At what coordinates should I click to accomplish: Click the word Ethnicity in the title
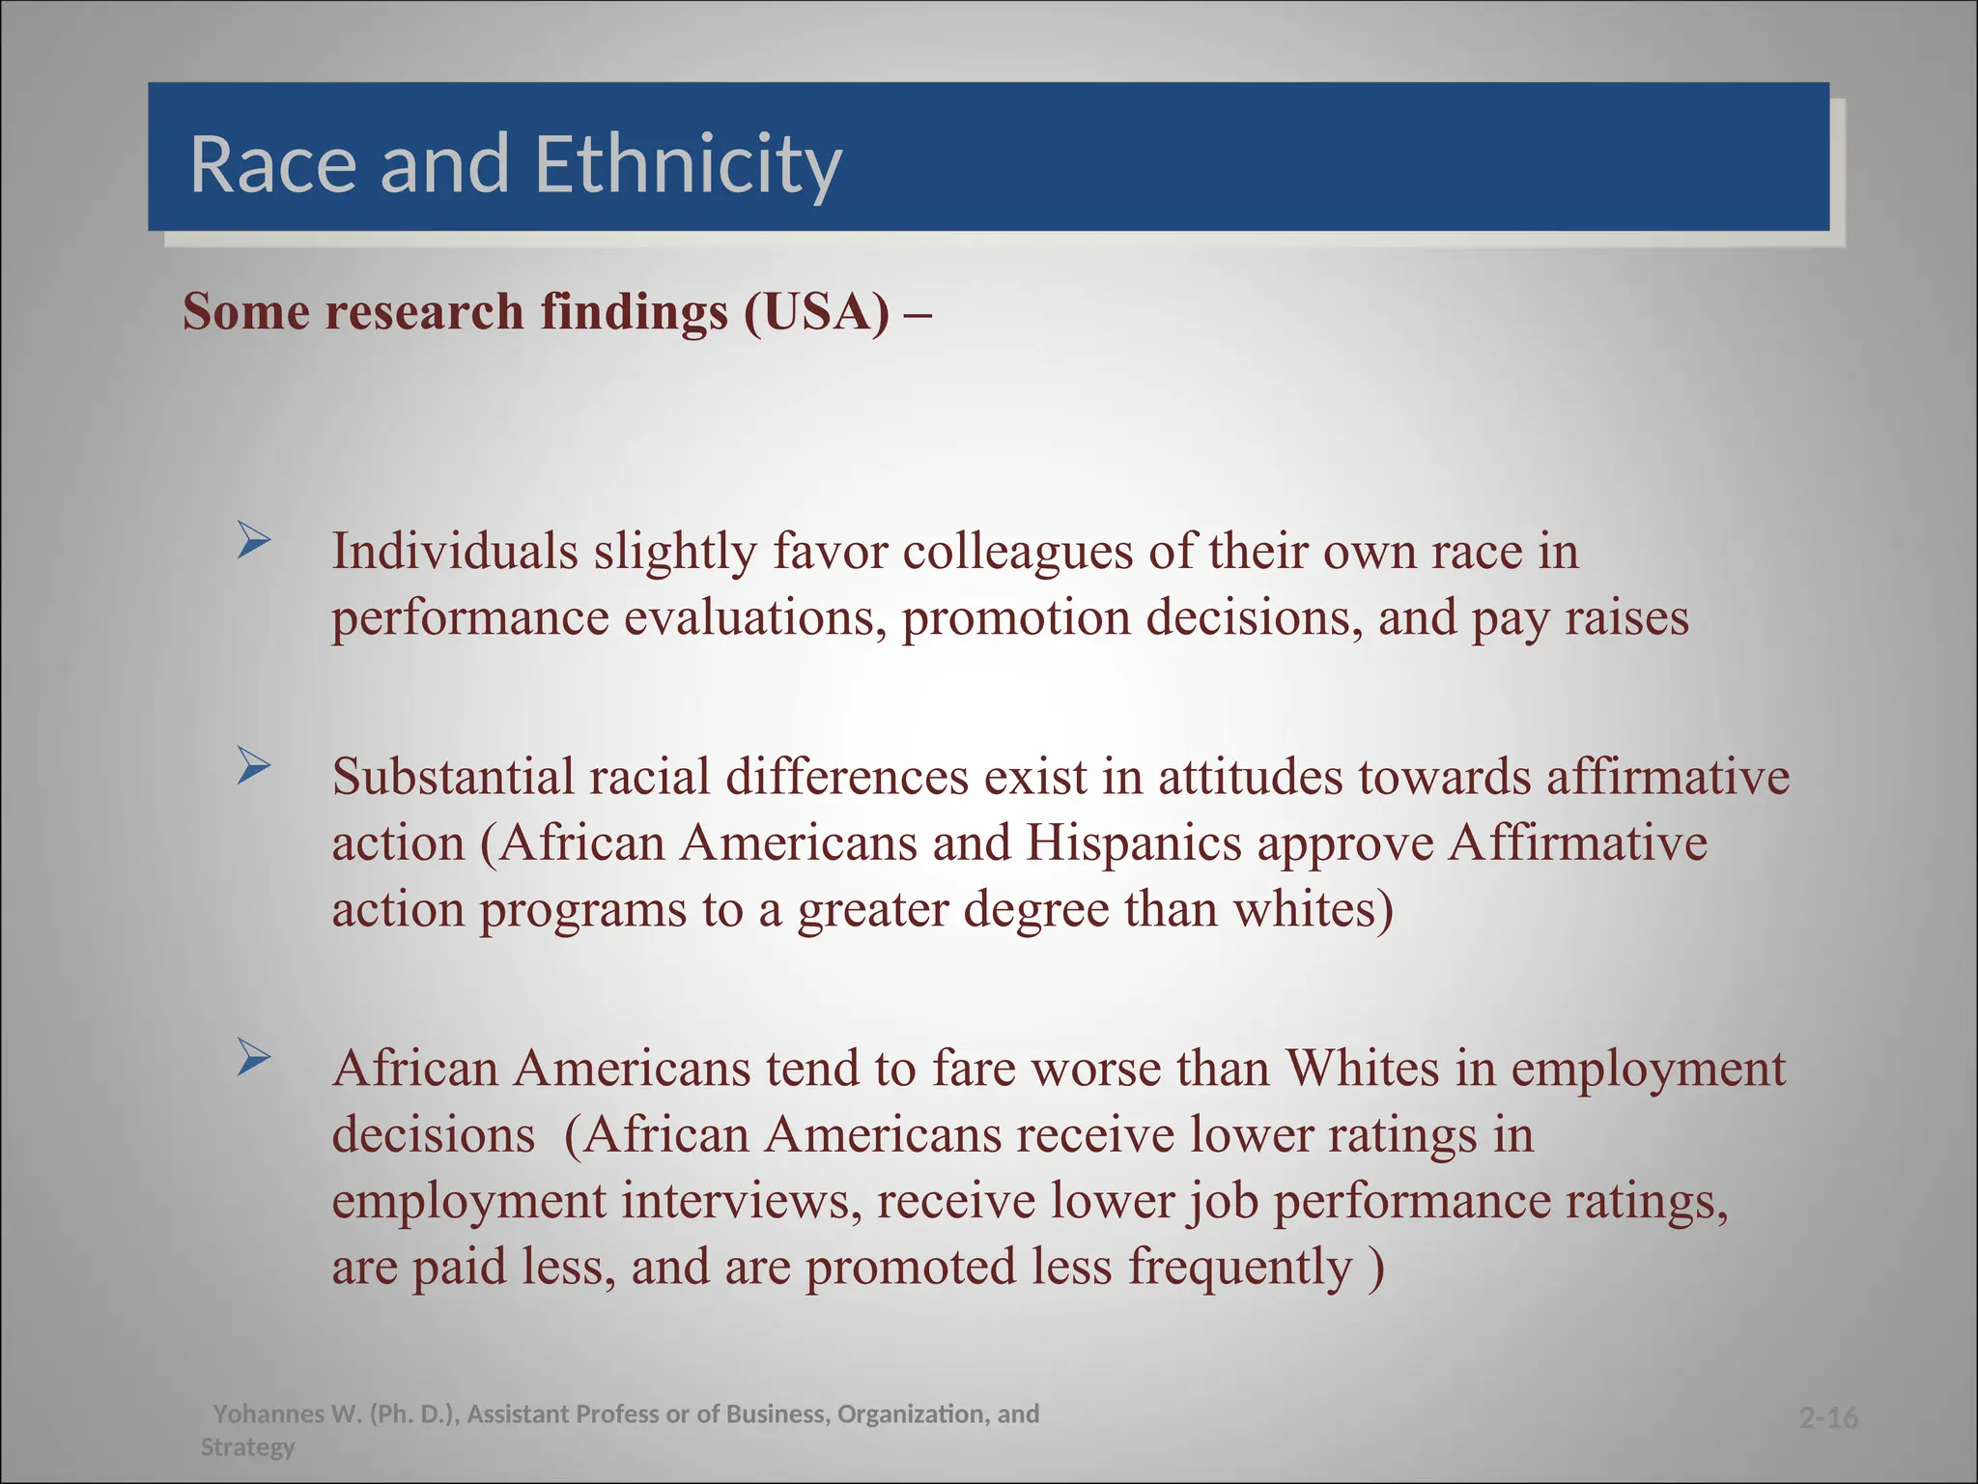click(688, 164)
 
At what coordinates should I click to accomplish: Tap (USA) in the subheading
click(816, 312)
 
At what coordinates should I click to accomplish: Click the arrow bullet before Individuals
click(254, 540)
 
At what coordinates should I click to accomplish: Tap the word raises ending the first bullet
click(1626, 618)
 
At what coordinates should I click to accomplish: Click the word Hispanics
click(1133, 842)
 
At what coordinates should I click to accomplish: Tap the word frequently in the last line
click(1240, 1267)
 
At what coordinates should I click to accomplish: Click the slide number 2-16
click(1828, 1418)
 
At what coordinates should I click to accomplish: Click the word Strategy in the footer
click(247, 1447)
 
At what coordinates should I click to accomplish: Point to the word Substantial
click(453, 777)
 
